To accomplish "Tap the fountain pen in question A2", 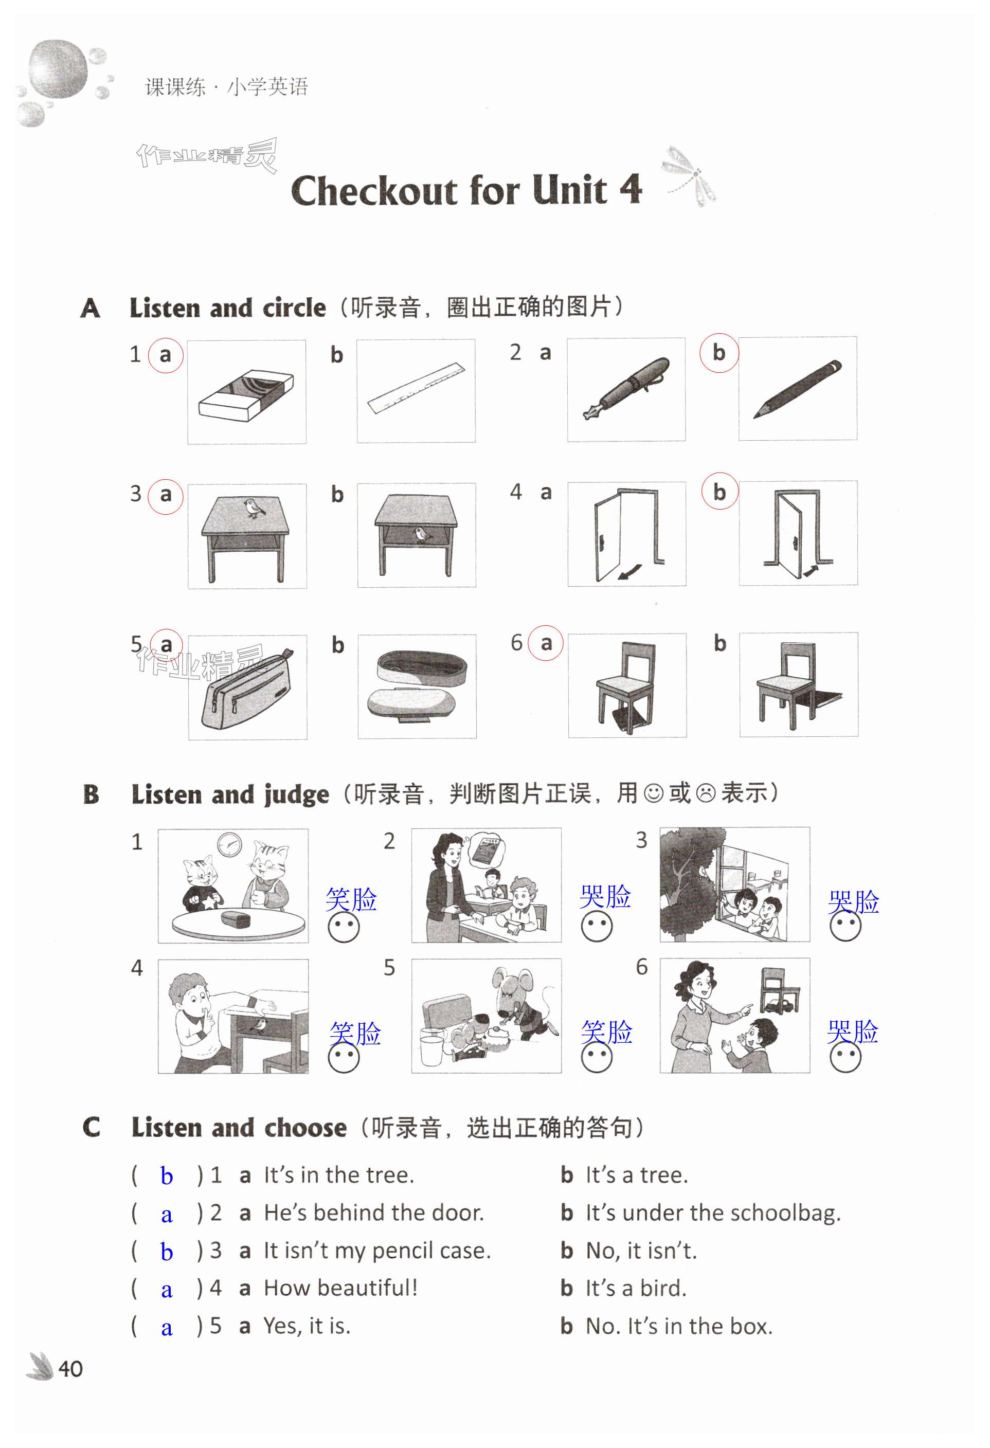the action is tap(626, 388).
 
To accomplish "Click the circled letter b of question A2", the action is tap(719, 353).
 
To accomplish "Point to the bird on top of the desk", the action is tap(254, 508).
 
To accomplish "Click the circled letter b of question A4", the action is tap(719, 492).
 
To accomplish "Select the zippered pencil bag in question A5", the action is tap(247, 689).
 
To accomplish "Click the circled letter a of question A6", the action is tap(546, 643).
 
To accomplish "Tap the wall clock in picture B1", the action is tap(230, 845).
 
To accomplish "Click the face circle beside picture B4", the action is tap(344, 1057).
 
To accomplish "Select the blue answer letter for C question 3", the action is tap(166, 1251).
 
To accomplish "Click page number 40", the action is tap(70, 1369).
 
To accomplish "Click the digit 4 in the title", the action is tap(631, 188).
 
